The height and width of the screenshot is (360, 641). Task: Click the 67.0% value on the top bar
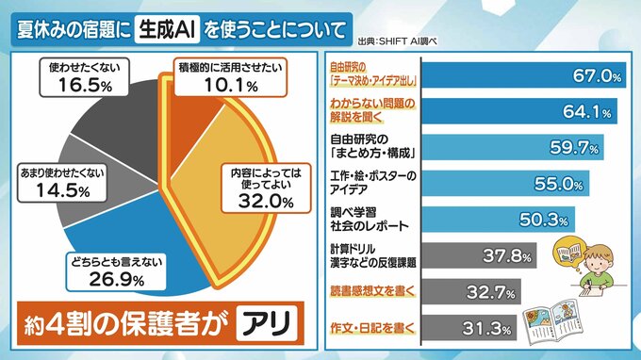coord(597,75)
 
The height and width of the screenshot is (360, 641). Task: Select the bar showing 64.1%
coord(519,111)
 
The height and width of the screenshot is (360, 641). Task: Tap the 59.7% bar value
coord(574,147)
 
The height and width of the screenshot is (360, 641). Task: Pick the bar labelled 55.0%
coord(505,184)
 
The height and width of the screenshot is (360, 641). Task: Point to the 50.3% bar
coord(499,220)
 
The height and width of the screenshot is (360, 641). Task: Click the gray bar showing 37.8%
coord(479,255)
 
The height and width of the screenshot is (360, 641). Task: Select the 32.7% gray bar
coord(471,292)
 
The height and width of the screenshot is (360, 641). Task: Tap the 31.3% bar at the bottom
coord(469,328)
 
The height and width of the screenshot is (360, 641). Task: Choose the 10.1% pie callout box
coord(231,77)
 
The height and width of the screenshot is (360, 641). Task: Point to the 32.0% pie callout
coord(266,188)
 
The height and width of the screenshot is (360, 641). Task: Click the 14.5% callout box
coord(62,183)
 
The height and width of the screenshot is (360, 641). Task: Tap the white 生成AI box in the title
coord(167,29)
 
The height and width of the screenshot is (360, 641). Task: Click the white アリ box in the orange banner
coord(267,323)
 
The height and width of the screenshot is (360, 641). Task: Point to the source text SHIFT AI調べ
coord(398,41)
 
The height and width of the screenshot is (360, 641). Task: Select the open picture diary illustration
coord(551,320)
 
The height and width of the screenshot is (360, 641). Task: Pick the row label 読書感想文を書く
coord(373,291)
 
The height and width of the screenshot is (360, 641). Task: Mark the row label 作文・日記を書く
coord(373,328)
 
